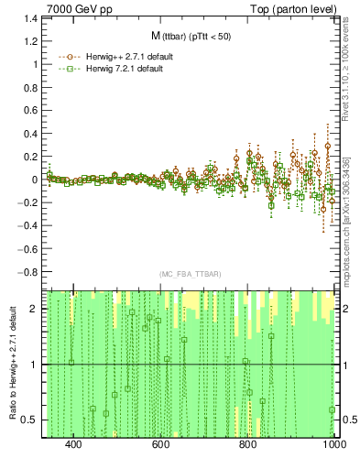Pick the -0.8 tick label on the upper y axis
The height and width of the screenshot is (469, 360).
click(x=27, y=272)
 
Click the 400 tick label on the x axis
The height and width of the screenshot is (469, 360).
click(x=74, y=444)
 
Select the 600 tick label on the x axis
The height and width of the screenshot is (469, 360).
click(x=161, y=444)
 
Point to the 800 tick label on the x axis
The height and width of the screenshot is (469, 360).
click(x=248, y=444)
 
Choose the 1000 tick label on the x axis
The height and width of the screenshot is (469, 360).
click(x=333, y=444)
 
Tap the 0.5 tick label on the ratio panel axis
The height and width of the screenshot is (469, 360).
click(x=30, y=420)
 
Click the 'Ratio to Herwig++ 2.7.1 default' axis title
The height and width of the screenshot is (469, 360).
click(x=12, y=364)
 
